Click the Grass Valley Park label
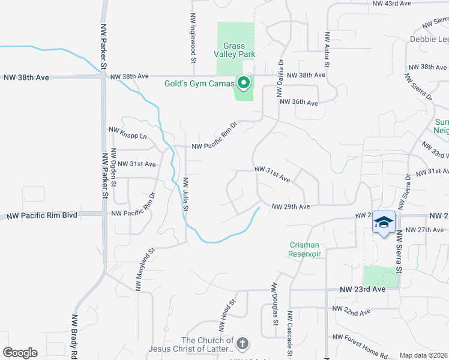click(239, 50)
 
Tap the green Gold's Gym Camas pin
click(244, 83)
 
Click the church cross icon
click(242, 344)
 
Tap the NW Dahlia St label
click(279, 78)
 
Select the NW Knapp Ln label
click(128, 136)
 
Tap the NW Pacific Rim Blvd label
click(41, 214)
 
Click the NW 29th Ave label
click(291, 206)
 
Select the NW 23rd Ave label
click(363, 289)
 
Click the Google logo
click(20, 353)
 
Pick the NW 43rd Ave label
click(391, 4)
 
